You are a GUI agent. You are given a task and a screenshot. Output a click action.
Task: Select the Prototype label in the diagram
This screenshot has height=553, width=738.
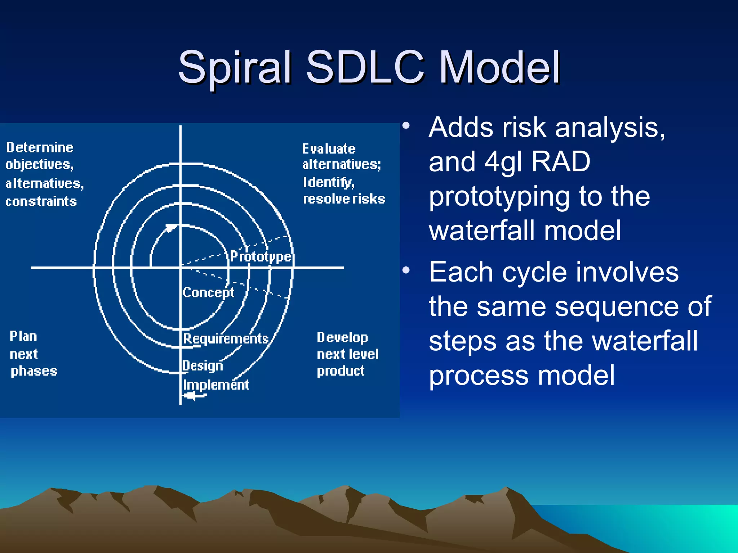[x=261, y=257]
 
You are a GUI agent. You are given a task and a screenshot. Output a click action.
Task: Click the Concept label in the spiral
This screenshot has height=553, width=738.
[x=208, y=292]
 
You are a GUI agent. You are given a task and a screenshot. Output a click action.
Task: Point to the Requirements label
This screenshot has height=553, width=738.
[x=226, y=339]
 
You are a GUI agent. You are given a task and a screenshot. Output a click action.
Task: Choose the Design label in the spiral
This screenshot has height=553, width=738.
[x=203, y=366]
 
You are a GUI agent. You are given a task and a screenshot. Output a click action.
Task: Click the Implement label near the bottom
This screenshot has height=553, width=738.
[x=216, y=385]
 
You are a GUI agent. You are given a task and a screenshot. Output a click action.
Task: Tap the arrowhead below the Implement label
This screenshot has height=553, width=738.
[x=190, y=396]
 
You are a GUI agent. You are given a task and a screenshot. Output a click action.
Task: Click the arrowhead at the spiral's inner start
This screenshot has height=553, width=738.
[x=170, y=228]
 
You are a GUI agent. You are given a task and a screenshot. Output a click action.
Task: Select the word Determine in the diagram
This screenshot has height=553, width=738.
[x=40, y=148]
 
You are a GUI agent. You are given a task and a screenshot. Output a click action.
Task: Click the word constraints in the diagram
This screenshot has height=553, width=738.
[x=41, y=202]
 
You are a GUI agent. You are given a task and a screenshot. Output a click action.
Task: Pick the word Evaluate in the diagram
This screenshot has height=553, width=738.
[x=329, y=149]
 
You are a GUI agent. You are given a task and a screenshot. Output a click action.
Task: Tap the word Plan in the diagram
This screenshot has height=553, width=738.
[x=23, y=337]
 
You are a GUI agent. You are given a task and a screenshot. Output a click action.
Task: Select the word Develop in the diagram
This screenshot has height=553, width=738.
[x=342, y=338]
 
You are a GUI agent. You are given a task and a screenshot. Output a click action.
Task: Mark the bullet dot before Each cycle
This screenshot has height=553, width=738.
[x=406, y=270]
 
